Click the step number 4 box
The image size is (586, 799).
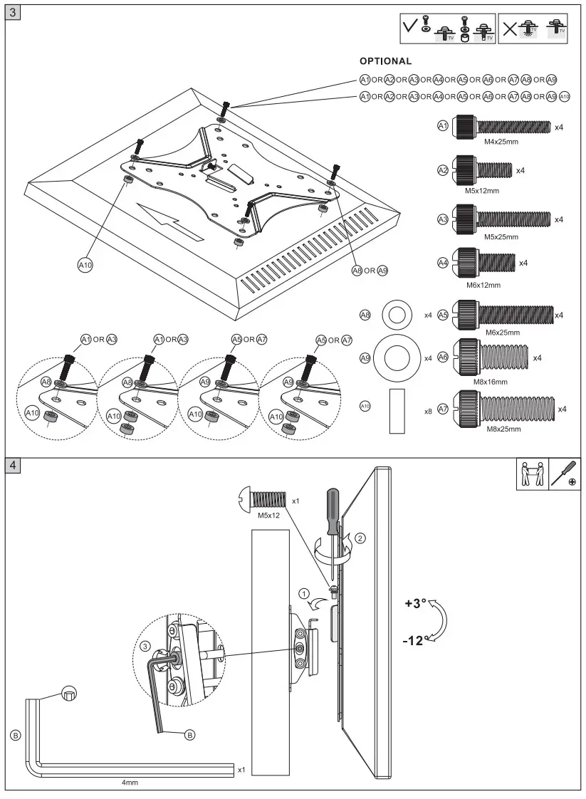pyautogui.click(x=14, y=465)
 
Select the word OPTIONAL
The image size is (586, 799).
pyautogui.click(x=385, y=61)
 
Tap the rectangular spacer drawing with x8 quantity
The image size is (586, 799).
pyautogui.click(x=397, y=411)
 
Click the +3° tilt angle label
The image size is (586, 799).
pyautogui.click(x=415, y=603)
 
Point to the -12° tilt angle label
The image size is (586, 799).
pyautogui.click(x=414, y=640)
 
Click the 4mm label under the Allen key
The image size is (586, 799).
pyautogui.click(x=129, y=782)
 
